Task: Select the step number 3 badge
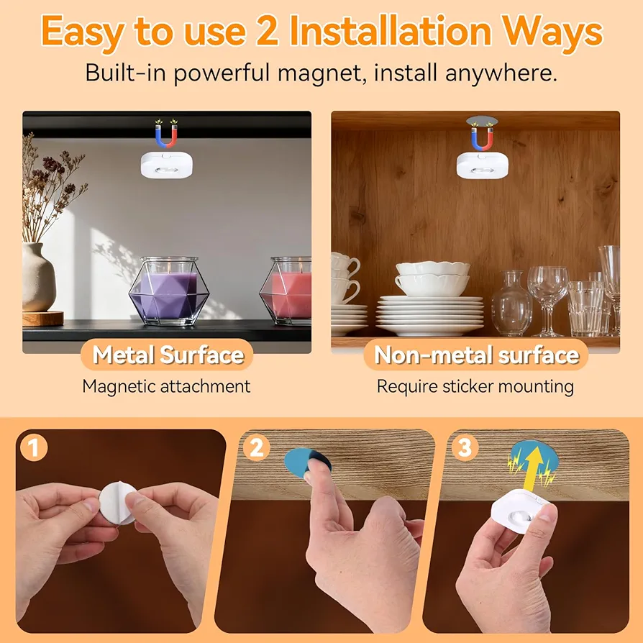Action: tap(465, 447)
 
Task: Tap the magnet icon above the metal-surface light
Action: tap(166, 134)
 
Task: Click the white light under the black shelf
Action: tap(167, 165)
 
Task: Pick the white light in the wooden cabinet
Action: tap(483, 165)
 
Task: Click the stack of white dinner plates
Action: tap(430, 315)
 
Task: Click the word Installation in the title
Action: tap(391, 31)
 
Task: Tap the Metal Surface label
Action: tap(168, 355)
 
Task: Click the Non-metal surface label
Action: tap(477, 355)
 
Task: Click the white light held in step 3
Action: tap(519, 511)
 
